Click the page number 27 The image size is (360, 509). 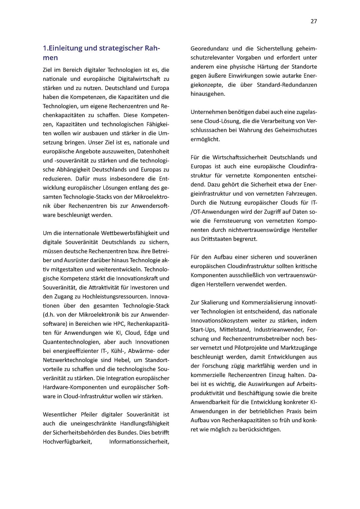[313, 21]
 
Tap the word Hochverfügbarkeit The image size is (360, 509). [67, 442]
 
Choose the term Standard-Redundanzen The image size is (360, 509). [287, 85]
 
